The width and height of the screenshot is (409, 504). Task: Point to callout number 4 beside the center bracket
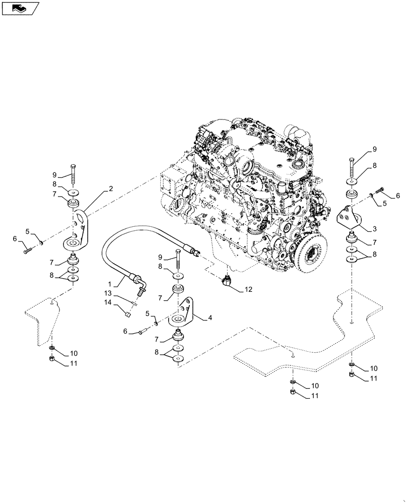coord(210,318)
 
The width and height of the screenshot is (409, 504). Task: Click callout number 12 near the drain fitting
coord(248,289)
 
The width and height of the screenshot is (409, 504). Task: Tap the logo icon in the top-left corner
coord(21,8)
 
